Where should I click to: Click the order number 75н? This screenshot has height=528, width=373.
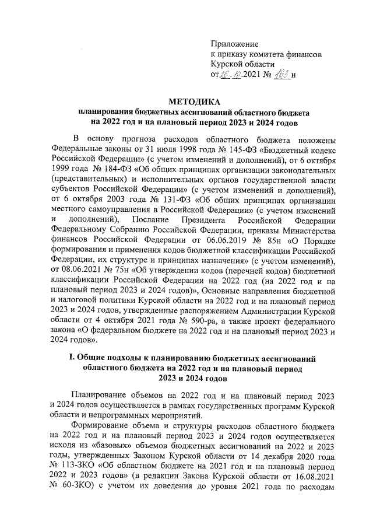click(121, 270)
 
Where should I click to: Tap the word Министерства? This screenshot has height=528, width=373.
click(303, 229)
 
